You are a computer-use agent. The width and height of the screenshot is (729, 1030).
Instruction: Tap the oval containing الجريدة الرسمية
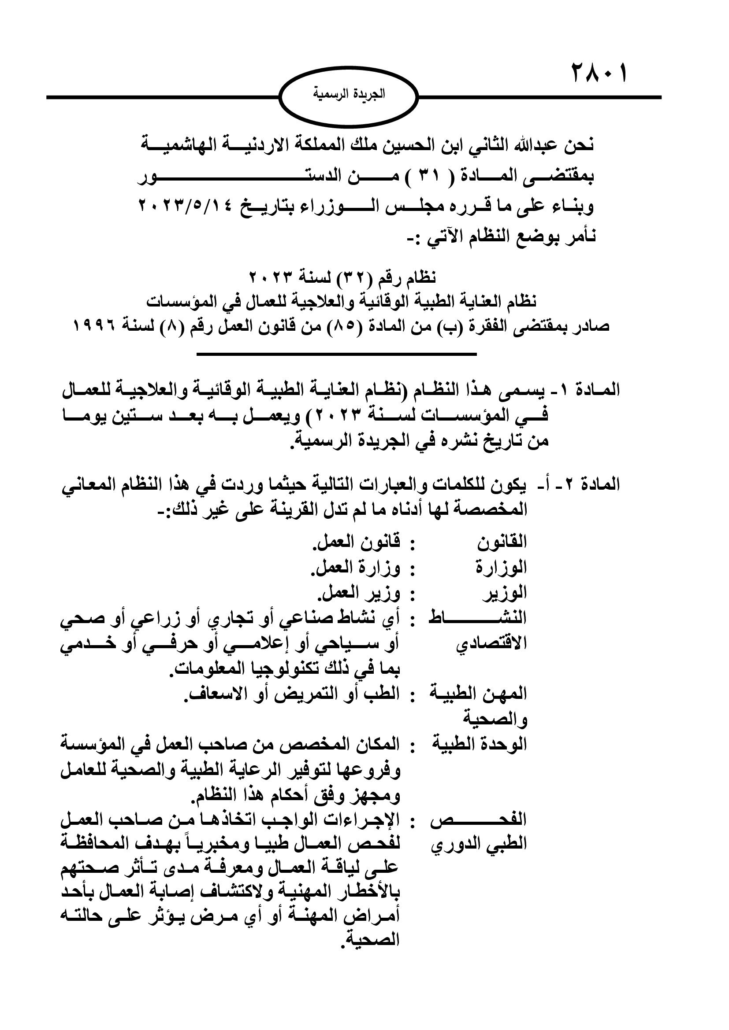pos(349,95)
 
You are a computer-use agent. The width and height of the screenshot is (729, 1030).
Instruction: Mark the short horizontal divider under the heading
pos(336,355)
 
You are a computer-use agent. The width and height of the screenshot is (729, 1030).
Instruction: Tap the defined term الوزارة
pos(502,568)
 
